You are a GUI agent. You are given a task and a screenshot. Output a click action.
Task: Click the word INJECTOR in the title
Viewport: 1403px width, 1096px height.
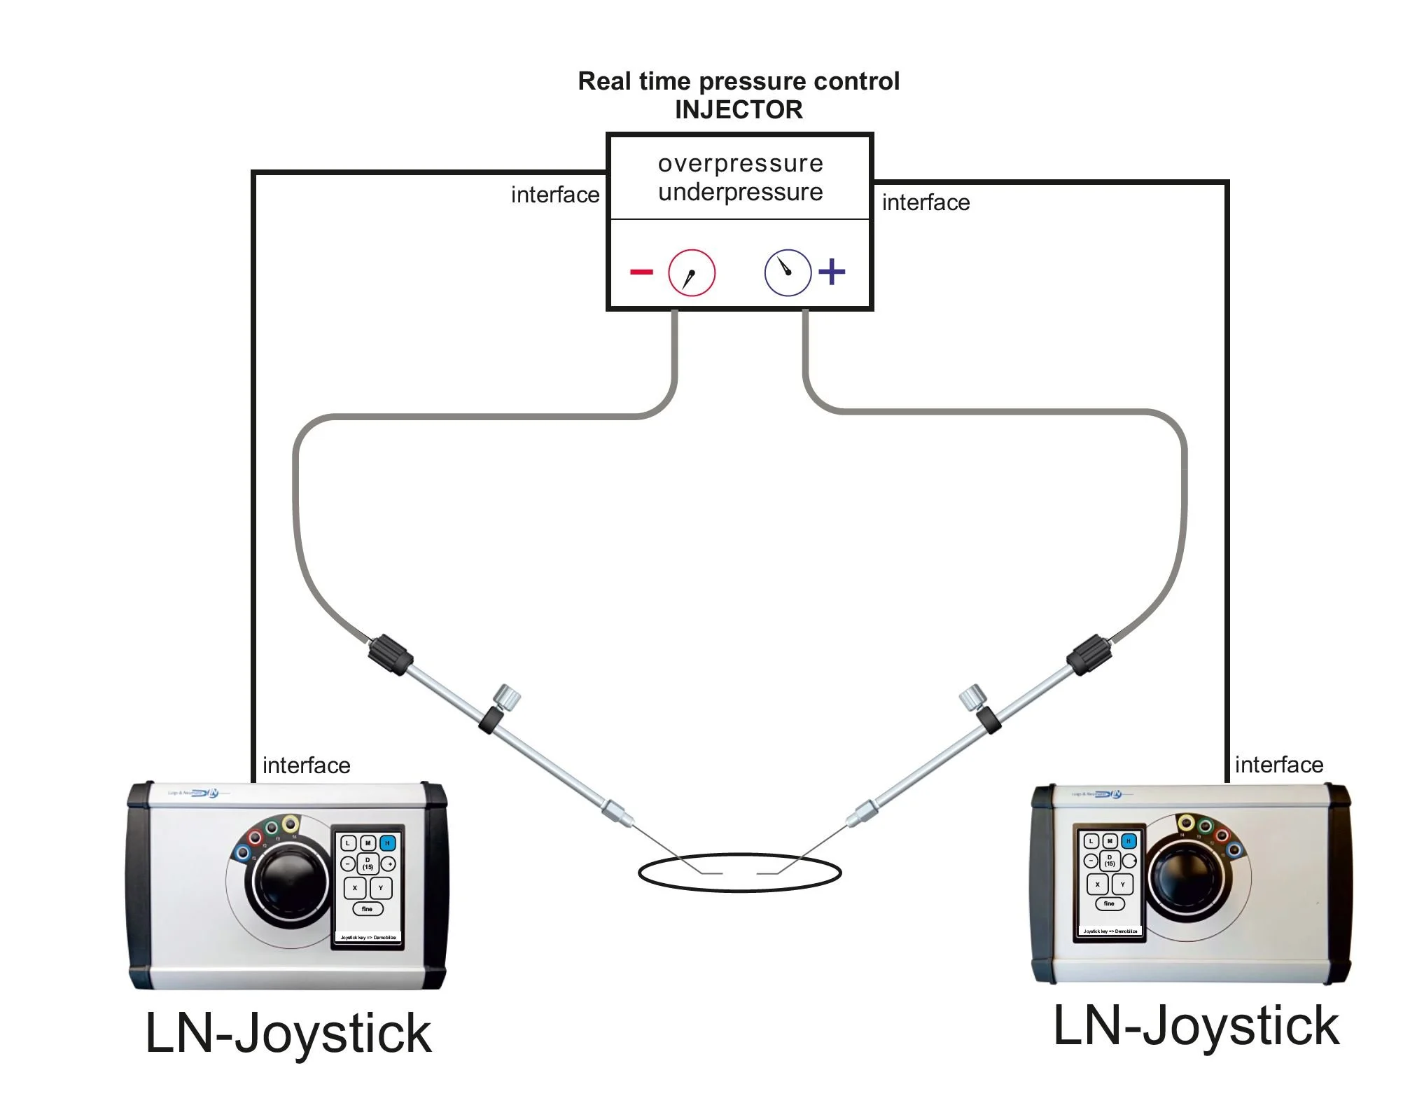739,110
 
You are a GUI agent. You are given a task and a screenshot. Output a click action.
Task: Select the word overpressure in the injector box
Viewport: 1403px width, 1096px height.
740,163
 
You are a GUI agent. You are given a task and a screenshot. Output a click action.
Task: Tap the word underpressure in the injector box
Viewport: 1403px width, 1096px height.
740,192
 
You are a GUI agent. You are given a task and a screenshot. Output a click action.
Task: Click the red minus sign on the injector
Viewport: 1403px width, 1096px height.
641,272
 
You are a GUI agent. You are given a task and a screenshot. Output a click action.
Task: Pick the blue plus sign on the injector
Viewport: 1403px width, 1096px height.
832,272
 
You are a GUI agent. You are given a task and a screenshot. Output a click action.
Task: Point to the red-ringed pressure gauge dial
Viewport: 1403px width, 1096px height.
691,272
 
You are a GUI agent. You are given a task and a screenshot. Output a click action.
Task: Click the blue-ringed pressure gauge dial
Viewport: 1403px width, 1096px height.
788,272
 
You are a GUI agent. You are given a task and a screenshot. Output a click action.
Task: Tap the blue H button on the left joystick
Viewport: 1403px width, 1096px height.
387,843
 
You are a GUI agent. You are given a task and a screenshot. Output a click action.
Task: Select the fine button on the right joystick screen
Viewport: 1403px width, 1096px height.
1109,904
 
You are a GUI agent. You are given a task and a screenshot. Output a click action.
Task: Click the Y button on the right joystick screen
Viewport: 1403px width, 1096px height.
1122,885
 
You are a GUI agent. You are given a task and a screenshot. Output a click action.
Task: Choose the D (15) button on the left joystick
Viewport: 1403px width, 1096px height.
368,863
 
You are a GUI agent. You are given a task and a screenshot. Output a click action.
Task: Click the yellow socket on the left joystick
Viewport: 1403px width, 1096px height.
291,823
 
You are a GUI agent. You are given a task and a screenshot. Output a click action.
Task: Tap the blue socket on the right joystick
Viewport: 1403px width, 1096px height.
1234,850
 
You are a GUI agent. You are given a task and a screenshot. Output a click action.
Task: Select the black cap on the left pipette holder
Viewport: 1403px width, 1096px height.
390,654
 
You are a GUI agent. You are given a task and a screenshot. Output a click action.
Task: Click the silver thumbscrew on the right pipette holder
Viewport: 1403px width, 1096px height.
972,697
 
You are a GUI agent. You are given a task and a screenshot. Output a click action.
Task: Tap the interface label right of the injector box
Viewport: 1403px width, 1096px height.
926,203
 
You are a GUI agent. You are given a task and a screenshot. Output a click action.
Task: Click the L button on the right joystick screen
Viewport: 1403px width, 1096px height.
1091,841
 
